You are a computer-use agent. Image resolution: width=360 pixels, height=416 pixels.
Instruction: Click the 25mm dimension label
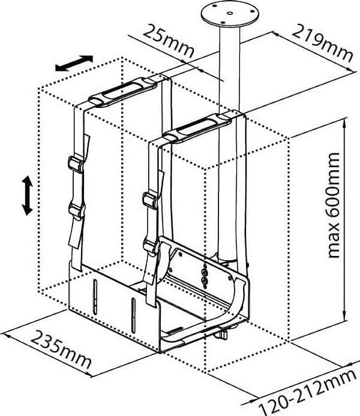[169, 41]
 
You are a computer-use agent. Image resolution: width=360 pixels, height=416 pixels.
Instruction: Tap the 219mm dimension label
[323, 43]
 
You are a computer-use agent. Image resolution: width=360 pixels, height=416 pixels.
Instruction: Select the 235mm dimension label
[61, 349]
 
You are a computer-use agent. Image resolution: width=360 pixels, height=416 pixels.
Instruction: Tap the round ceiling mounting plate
[229, 13]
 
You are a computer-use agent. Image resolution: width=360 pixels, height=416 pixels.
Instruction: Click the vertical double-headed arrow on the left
[27, 195]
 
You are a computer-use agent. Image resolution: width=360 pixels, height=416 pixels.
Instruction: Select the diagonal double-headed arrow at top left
[74, 63]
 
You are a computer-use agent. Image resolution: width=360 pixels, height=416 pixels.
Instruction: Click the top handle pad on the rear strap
[123, 92]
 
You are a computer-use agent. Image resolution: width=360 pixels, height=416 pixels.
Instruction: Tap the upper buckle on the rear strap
[76, 164]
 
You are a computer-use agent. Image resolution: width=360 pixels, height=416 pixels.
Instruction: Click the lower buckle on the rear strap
[76, 211]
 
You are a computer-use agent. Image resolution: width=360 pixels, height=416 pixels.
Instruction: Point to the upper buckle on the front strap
[151, 200]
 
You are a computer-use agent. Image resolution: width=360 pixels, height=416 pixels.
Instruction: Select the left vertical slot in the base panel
[95, 296]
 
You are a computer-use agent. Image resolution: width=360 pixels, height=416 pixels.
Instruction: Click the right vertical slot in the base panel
[133, 315]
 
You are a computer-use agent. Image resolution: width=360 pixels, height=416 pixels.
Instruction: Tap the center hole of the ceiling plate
[230, 12]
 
